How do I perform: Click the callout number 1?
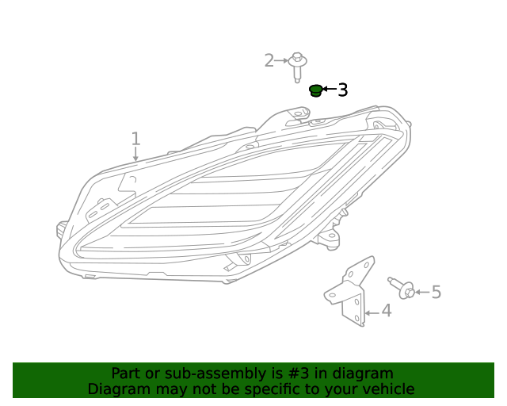(x=135, y=139)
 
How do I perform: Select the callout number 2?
(x=269, y=60)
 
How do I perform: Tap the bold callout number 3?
(x=343, y=90)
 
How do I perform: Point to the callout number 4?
(x=387, y=311)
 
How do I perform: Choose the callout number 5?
(x=436, y=292)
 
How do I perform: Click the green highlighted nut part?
(x=315, y=90)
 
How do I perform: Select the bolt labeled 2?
(x=298, y=67)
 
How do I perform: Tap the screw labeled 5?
(x=402, y=288)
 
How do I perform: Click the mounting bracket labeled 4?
(x=350, y=291)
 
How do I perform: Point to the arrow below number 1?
(x=135, y=154)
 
